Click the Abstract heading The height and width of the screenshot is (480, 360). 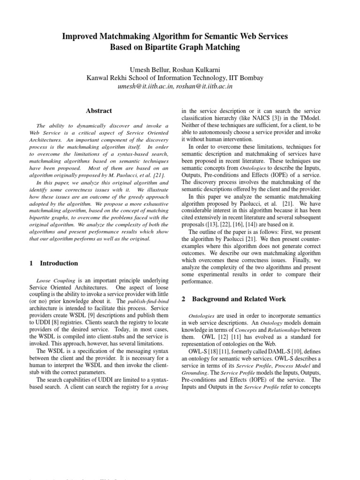[x=99, y=111]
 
